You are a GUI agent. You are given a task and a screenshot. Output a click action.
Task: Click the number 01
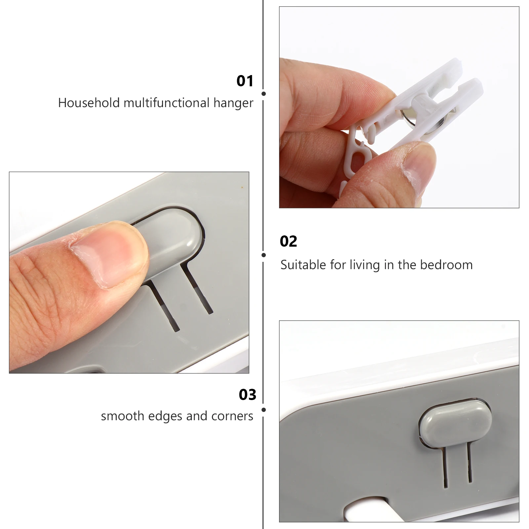tap(245, 81)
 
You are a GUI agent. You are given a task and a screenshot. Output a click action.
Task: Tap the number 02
tap(288, 241)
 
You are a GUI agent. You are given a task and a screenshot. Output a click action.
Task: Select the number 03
tap(247, 395)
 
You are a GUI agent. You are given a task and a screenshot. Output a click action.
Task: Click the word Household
tap(89, 103)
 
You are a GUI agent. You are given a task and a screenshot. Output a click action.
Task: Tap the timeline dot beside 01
tap(264, 94)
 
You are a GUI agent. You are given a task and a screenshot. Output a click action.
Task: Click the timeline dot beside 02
tap(264, 255)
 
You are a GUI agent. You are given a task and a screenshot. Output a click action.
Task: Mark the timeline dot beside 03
tap(264, 410)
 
